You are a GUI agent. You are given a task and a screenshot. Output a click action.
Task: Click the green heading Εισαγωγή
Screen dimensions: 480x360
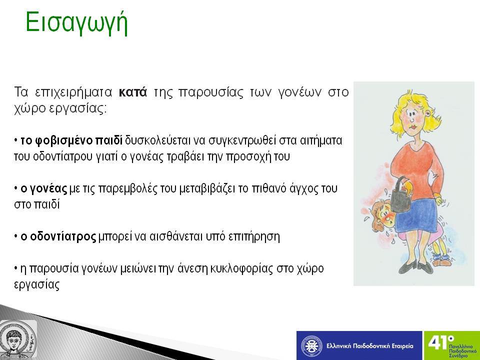click(x=76, y=23)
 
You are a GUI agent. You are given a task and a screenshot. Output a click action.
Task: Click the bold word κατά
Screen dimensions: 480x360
click(x=133, y=92)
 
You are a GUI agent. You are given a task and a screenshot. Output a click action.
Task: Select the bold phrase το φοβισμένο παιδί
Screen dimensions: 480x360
click(x=71, y=140)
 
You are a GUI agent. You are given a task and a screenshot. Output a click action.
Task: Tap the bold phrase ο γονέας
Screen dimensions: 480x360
click(x=44, y=188)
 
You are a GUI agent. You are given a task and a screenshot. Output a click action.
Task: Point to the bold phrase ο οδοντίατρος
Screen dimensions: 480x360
click(x=58, y=236)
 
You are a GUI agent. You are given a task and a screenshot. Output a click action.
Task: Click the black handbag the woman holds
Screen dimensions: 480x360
click(x=400, y=196)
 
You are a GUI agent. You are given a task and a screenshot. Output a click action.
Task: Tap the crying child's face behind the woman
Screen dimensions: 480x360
click(x=382, y=214)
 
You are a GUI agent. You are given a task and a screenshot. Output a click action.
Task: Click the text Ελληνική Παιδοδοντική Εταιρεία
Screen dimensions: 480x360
click(x=369, y=346)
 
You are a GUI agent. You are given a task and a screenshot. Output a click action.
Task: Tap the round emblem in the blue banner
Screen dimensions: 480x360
click(x=311, y=346)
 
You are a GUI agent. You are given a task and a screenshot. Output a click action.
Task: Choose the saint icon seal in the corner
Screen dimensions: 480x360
click(x=18, y=339)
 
